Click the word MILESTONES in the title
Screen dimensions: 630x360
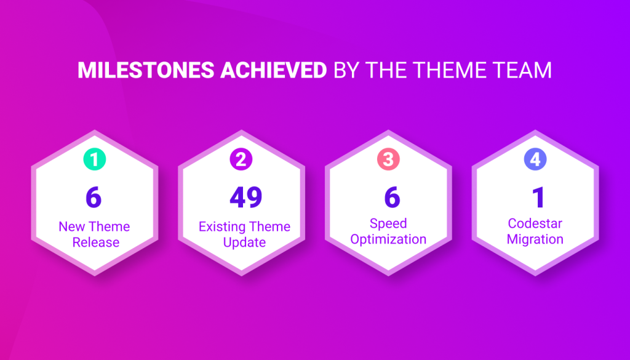coord(146,70)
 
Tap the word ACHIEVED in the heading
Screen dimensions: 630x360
coord(274,70)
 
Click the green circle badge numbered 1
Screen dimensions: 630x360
coord(94,159)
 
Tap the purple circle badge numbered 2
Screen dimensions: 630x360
coord(241,159)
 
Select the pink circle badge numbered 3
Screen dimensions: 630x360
coord(388,159)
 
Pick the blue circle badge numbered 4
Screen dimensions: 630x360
coord(535,159)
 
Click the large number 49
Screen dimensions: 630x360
coord(246,198)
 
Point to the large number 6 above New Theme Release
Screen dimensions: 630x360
coord(94,198)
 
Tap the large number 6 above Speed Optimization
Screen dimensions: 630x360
coord(392,198)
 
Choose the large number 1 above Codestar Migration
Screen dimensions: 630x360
coord(538,198)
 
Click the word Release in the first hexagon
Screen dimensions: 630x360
coord(95,242)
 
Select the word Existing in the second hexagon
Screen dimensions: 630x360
coord(221,226)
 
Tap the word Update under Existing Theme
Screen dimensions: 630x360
coord(244,242)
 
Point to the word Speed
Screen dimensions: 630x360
coord(388,223)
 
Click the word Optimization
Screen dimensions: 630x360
coord(388,239)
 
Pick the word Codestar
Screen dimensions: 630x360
coord(535,223)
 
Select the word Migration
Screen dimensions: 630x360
coord(535,239)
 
